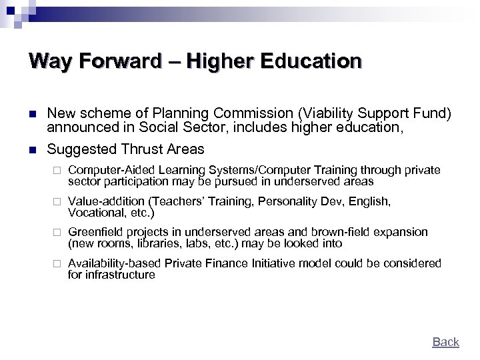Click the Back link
click(445, 342)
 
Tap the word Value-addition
click(106, 201)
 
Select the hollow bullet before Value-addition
click(57, 201)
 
